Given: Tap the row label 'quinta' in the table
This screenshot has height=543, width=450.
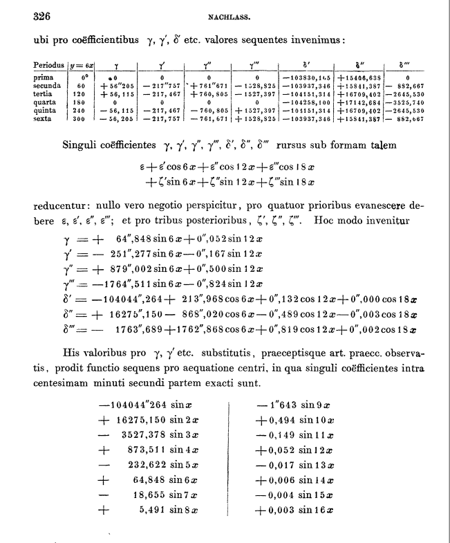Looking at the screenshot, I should tap(45, 111).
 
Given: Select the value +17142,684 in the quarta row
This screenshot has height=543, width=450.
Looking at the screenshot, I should tap(358, 101).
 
